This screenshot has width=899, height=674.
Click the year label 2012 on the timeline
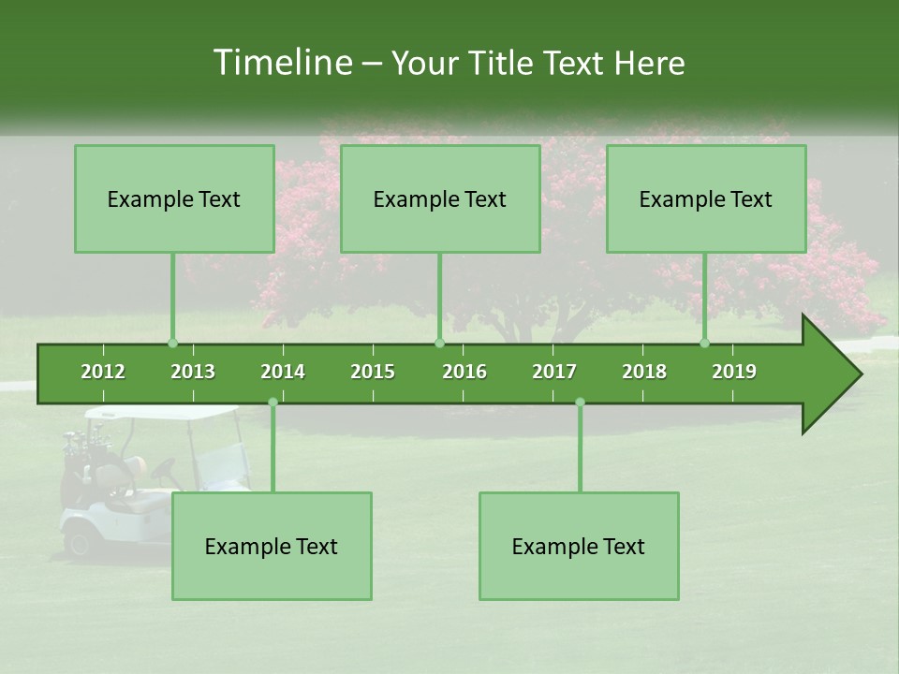pos(103,372)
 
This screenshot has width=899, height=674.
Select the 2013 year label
pos(193,372)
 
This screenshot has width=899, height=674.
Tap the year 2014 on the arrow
pos(283,372)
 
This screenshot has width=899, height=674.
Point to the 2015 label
pos(373,372)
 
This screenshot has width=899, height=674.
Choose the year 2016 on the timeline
pos(464,372)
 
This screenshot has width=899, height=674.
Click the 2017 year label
pos(554,372)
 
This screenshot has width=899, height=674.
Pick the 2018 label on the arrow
pos(644,372)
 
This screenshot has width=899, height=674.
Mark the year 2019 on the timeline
pos(734,372)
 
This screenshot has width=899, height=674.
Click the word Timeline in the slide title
pos(280,63)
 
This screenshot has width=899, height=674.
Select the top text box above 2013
pos(174,198)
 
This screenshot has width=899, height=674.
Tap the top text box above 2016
pos(440,198)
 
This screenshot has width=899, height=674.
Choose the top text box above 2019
pos(706,198)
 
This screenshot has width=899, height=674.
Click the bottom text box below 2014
pos(272,546)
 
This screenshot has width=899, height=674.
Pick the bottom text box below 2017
pos(579,546)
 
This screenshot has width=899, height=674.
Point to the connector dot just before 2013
pos(172,343)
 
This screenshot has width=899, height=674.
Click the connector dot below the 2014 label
pos(273,402)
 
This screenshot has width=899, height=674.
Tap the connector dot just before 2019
pos(705,343)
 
